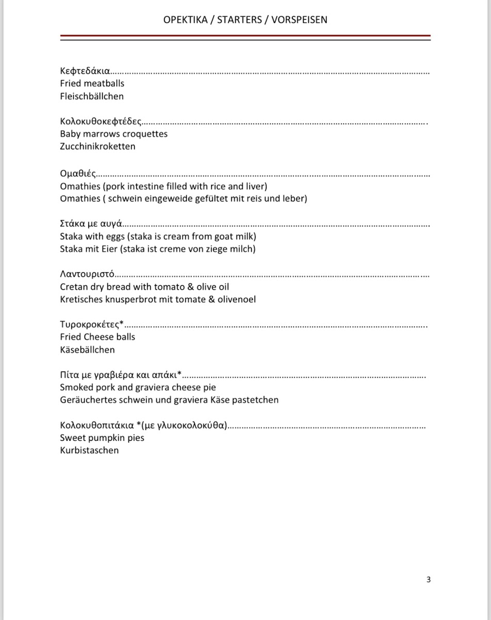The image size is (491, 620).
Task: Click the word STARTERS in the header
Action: [240, 20]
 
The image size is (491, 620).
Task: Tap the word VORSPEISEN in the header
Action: [298, 20]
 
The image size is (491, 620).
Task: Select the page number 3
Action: [429, 579]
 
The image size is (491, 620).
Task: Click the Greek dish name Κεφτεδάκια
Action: [85, 71]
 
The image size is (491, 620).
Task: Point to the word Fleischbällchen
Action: [92, 96]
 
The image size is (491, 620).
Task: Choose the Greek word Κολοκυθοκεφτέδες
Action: [101, 121]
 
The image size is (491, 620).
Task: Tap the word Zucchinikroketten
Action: [98, 146]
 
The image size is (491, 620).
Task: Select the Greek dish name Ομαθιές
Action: [78, 173]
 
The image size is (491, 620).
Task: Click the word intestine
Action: [148, 186]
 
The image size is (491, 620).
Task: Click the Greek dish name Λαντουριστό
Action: [87, 274]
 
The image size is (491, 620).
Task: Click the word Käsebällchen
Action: [87, 349]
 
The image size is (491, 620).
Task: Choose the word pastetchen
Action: [256, 399]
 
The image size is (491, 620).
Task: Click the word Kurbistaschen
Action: [89, 450]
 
